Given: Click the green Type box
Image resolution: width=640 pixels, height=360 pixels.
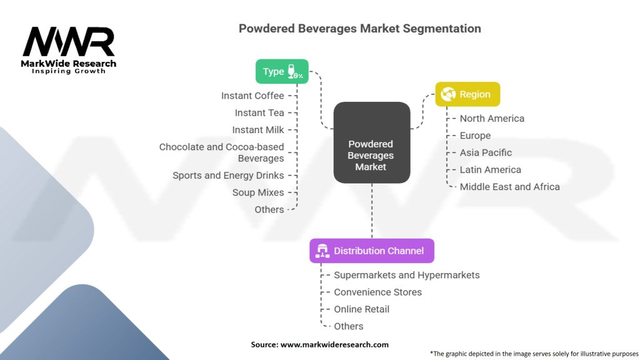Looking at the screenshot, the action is [282, 71].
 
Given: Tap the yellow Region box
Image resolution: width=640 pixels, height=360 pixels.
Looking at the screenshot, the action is [467, 94].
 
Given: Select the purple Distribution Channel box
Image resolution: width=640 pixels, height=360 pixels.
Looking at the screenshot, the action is [372, 251].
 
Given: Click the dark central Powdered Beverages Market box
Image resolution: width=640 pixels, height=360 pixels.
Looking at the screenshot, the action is [372, 142].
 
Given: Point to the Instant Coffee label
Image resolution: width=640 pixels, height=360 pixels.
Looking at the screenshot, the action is [252, 96].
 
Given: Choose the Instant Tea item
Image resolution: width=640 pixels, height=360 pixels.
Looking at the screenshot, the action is [259, 112].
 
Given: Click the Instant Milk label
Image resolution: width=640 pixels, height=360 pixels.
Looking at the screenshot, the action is [258, 130].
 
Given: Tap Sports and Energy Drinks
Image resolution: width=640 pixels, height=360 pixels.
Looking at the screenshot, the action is [228, 176].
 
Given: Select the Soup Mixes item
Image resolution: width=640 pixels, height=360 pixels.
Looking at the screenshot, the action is [258, 192].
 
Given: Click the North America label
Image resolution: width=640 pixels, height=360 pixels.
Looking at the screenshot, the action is [492, 118].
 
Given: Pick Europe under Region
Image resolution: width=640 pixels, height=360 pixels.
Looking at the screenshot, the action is [475, 136].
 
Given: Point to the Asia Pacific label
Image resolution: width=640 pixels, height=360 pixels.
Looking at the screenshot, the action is [486, 152].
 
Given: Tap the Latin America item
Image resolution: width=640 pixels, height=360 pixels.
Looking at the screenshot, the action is [490, 170].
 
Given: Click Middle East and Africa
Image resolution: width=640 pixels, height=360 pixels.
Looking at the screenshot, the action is [510, 187].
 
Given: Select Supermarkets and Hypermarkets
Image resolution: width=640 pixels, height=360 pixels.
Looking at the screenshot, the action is [406, 275].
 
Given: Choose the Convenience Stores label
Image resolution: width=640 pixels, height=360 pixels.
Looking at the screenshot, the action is [377, 292].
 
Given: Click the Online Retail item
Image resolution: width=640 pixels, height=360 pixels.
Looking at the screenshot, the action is [361, 309].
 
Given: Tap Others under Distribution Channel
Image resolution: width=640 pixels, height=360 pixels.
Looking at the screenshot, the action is [348, 326].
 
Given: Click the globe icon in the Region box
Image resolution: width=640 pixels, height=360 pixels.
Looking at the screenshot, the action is [448, 94].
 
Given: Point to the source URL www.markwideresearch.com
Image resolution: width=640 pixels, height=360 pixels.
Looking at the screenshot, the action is [334, 344].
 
